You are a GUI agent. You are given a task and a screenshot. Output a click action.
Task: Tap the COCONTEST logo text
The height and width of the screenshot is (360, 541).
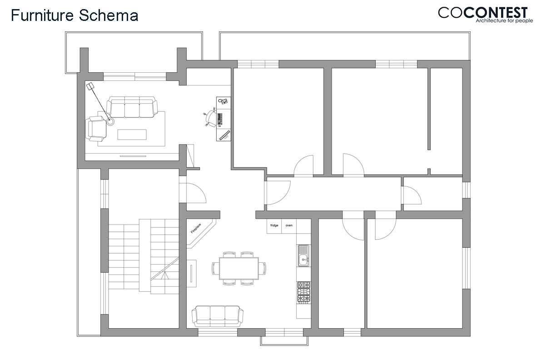pyautogui.click(x=483, y=13)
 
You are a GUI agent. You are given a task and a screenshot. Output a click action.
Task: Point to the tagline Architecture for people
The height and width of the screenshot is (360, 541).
pyautogui.click(x=504, y=21)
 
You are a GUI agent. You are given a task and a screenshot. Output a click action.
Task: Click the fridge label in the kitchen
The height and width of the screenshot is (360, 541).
pyautogui.click(x=274, y=225)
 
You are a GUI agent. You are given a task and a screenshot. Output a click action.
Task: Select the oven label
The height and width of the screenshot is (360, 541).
pyautogui.click(x=289, y=225)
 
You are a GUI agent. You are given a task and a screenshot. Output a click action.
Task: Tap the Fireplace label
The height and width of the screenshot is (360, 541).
pyautogui.click(x=196, y=228)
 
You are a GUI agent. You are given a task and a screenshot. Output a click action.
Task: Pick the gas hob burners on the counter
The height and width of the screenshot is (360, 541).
pyautogui.click(x=303, y=293)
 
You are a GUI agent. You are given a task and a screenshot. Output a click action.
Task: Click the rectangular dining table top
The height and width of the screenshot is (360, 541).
pyautogui.click(x=239, y=268)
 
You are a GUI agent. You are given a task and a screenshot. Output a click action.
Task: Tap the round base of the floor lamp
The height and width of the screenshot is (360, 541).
pyautogui.click(x=110, y=121)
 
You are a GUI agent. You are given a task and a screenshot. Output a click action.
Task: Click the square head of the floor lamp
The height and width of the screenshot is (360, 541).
pyautogui.click(x=90, y=86)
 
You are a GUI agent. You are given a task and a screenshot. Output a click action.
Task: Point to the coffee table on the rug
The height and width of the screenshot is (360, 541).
pyautogui.click(x=132, y=135)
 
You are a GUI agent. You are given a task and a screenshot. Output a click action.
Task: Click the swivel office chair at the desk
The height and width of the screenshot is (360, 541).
pyautogui.click(x=210, y=118)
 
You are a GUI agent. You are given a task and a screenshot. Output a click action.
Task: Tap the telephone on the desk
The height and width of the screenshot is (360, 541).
pyautogui.click(x=223, y=101)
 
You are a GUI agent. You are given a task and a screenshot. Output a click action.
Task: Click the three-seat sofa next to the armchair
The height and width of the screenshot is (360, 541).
pyautogui.click(x=132, y=107)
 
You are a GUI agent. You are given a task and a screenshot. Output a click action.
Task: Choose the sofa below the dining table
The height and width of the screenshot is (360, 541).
pyautogui.click(x=218, y=316)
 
